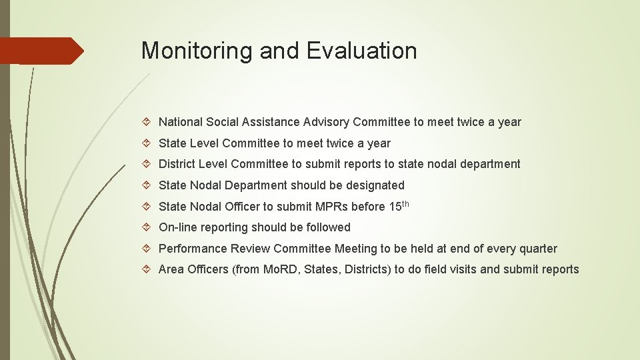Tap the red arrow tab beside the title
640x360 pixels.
(x=41, y=51)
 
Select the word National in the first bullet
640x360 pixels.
(x=181, y=122)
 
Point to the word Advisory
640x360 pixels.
(x=327, y=122)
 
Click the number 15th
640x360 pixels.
(x=398, y=205)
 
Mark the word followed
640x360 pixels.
(x=326, y=227)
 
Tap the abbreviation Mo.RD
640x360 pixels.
(x=277, y=269)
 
